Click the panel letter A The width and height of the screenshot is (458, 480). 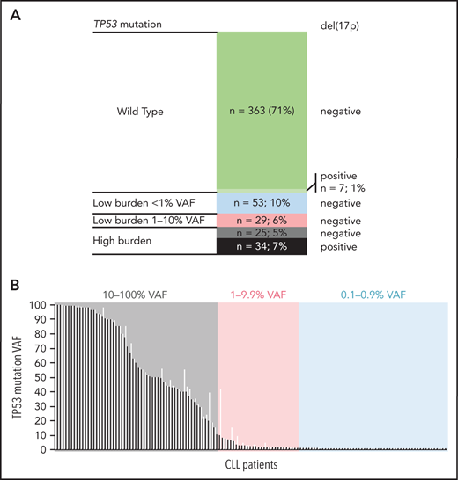pos(16,12)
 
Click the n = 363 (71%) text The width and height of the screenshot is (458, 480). pos(262,112)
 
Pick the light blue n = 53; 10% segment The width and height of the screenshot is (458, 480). pos(262,202)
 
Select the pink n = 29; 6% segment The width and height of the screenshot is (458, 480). pos(262,220)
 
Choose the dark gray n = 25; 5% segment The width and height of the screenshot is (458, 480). pos(262,234)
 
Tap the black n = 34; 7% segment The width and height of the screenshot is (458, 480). pos(262,248)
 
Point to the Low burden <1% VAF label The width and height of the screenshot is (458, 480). pos(139,202)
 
